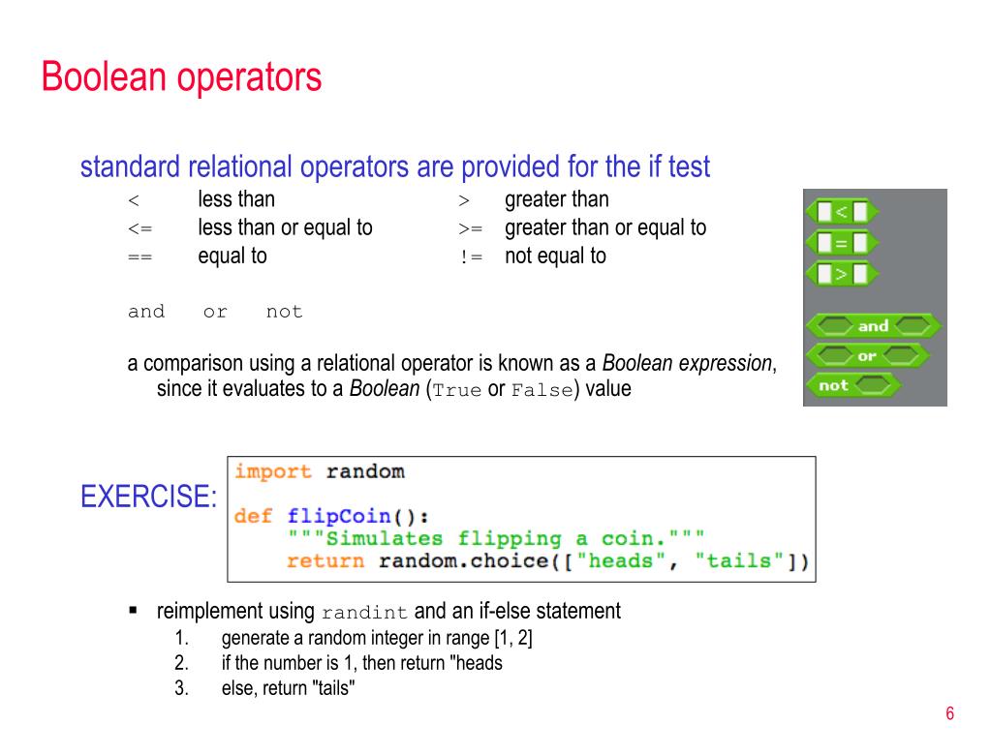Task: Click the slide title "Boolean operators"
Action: [x=181, y=77]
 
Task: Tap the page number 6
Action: [x=950, y=714]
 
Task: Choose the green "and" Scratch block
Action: [x=872, y=326]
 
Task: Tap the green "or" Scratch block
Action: [x=866, y=356]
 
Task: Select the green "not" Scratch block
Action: [x=851, y=385]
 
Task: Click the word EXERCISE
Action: [x=148, y=498]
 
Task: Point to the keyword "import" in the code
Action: [x=273, y=472]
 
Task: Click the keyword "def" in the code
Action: [x=253, y=516]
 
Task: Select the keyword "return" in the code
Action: [x=325, y=560]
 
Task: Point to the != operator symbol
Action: [x=471, y=257]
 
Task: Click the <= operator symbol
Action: [x=139, y=229]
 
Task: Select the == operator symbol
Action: [x=139, y=257]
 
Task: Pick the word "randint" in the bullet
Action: [x=365, y=613]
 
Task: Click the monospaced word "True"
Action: [x=456, y=391]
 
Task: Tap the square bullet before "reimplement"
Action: [x=134, y=611]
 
